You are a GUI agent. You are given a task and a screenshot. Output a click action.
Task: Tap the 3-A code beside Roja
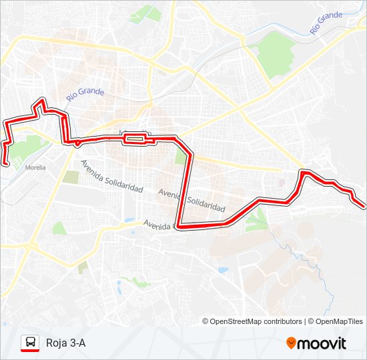pos(77,343)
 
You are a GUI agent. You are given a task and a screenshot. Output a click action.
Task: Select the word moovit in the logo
pos(322,343)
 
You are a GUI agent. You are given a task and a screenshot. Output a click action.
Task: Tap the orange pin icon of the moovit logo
pos(291,343)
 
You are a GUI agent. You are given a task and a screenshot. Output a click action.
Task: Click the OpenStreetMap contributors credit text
pos(256,321)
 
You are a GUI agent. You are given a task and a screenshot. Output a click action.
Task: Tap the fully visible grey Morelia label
pos(35,167)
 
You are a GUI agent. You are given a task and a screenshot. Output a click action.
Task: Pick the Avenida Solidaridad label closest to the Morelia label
pos(111,175)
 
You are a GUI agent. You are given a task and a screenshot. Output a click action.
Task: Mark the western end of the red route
pos(6,163)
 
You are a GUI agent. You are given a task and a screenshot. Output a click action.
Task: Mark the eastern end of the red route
pos(364,206)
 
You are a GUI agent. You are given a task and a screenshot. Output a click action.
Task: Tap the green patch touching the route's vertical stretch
pos(181,157)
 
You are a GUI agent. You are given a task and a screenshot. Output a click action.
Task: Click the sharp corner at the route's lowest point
pos(179,226)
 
